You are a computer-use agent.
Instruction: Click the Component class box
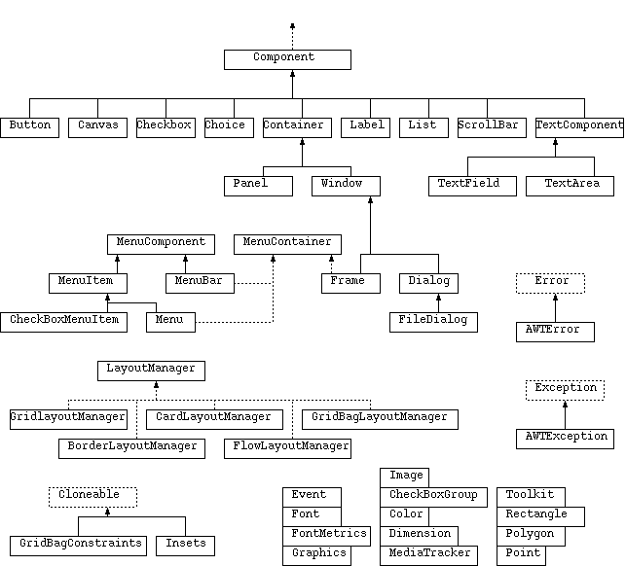pyautogui.click(x=287, y=59)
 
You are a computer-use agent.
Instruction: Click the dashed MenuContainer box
pyautogui.click(x=287, y=243)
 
